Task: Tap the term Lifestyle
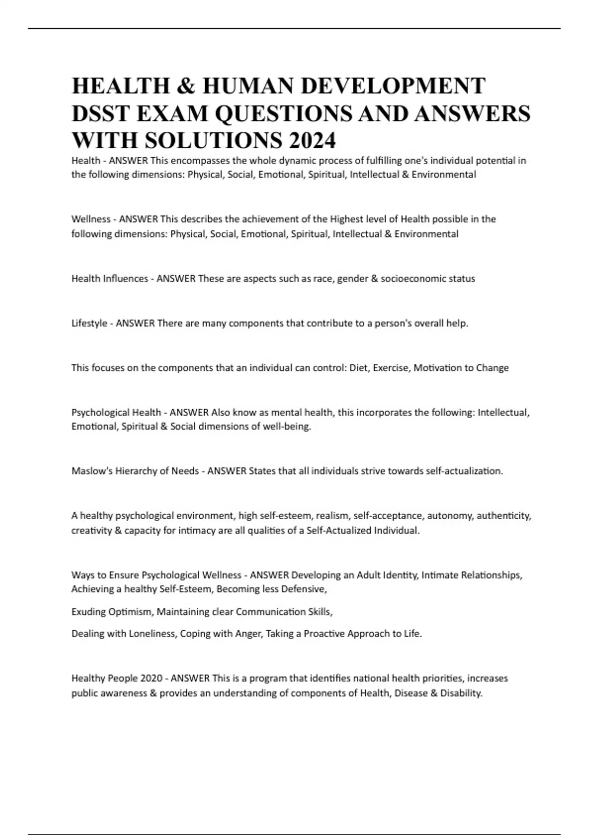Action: [89, 324]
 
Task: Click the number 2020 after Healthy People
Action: [151, 678]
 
